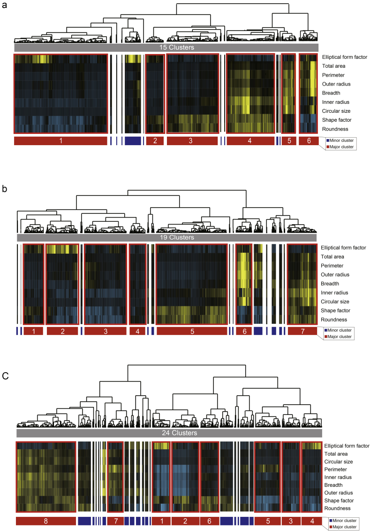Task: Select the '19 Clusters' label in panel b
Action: pyautogui.click(x=168, y=238)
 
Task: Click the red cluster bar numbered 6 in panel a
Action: pyautogui.click(x=309, y=141)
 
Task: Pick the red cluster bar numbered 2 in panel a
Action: pyautogui.click(x=155, y=141)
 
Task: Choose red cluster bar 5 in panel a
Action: pyautogui.click(x=288, y=141)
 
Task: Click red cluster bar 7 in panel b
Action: pyautogui.click(x=302, y=331)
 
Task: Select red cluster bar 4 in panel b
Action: pyautogui.click(x=137, y=331)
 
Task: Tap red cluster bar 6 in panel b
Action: pyautogui.click(x=244, y=331)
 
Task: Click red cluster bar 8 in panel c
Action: pyautogui.click(x=45, y=521)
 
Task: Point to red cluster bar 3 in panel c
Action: pyautogui.click(x=290, y=521)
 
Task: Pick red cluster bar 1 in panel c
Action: pyautogui.click(x=161, y=521)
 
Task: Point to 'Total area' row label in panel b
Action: pyautogui.click(x=335, y=257)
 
